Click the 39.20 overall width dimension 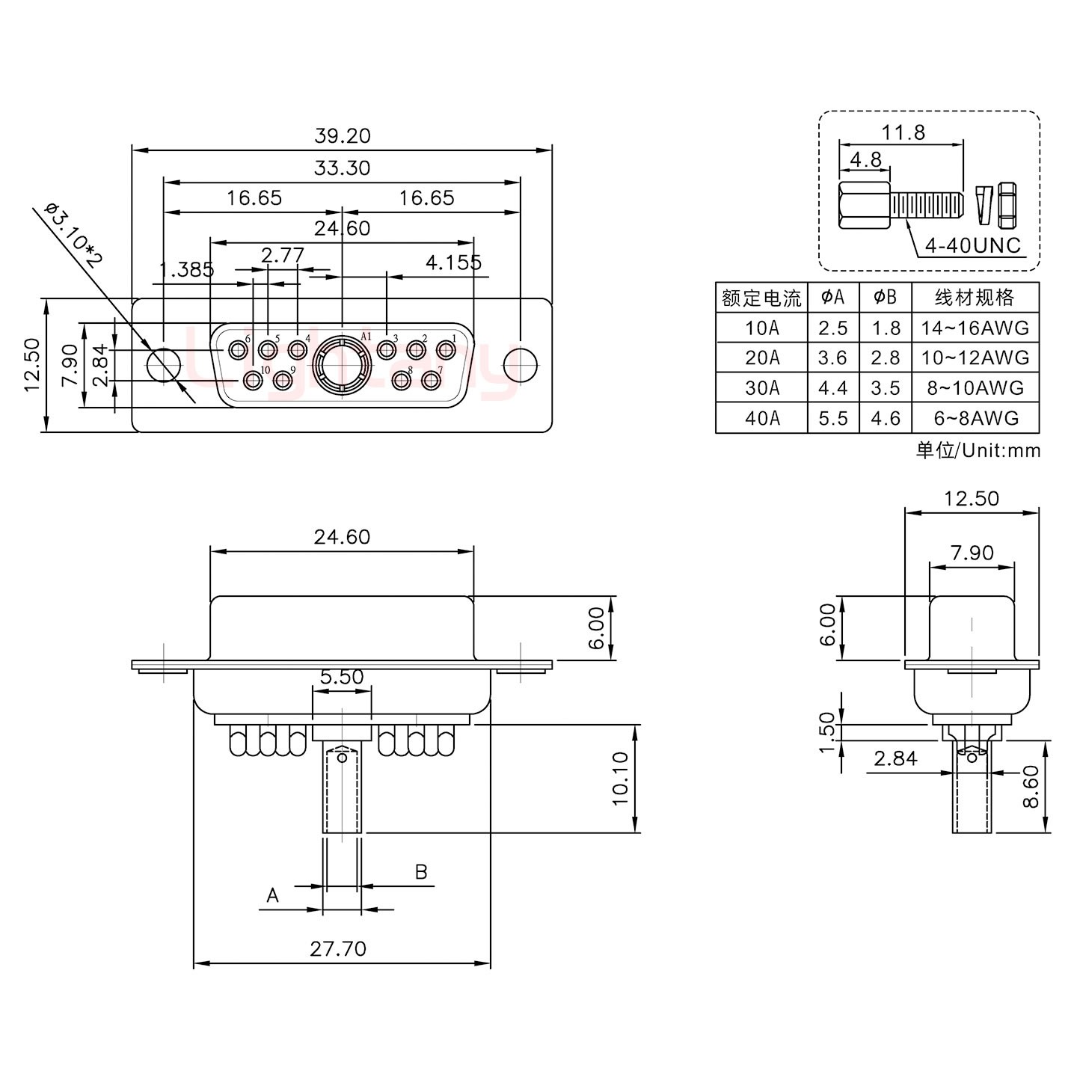coord(342,136)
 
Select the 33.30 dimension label coord(342,168)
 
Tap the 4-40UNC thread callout coord(972,245)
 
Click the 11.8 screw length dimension coord(903,132)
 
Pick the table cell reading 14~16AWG coord(975,328)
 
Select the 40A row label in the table coord(761,418)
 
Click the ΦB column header coord(885,298)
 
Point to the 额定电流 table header coord(761,298)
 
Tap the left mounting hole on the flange coord(164,365)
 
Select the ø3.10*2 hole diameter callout coord(73,235)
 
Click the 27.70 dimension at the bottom coord(338,948)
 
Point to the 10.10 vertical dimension coord(621,778)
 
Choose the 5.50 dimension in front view coord(341,677)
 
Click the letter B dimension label coord(421,872)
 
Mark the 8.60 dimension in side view coord(1031,787)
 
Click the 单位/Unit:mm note coord(978,450)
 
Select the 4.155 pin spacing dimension coord(453,263)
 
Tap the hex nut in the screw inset coord(1007,205)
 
